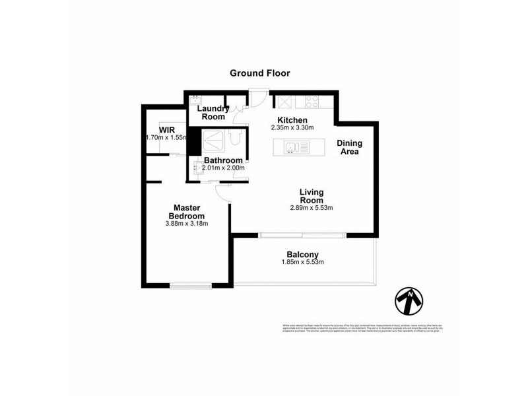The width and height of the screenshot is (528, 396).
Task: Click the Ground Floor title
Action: click(259, 73)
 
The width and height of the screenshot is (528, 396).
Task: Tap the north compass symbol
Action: click(409, 301)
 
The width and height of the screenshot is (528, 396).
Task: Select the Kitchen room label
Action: click(292, 119)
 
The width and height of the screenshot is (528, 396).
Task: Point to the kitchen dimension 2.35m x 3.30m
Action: click(292, 127)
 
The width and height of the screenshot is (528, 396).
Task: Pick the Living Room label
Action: click(311, 196)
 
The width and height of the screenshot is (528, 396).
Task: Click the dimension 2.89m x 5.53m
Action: click(311, 208)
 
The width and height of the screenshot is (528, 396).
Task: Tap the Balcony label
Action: click(303, 254)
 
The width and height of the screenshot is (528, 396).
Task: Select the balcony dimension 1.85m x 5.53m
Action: click(303, 263)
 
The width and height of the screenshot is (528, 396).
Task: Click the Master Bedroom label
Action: click(187, 212)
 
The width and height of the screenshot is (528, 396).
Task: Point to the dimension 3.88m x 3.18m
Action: click(187, 224)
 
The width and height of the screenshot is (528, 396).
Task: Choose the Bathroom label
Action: click(222, 160)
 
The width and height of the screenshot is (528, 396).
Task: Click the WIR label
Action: click(166, 129)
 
